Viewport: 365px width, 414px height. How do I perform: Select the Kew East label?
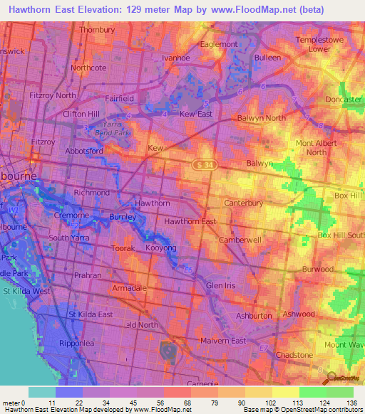[x=197, y=114]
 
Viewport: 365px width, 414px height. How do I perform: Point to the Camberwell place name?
[x=240, y=240]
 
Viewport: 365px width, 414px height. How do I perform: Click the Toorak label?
[x=123, y=248]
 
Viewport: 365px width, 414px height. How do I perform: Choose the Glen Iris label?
[x=220, y=285]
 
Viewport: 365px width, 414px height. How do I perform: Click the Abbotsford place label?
[x=84, y=151]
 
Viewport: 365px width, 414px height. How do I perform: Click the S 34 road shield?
[x=205, y=165]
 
